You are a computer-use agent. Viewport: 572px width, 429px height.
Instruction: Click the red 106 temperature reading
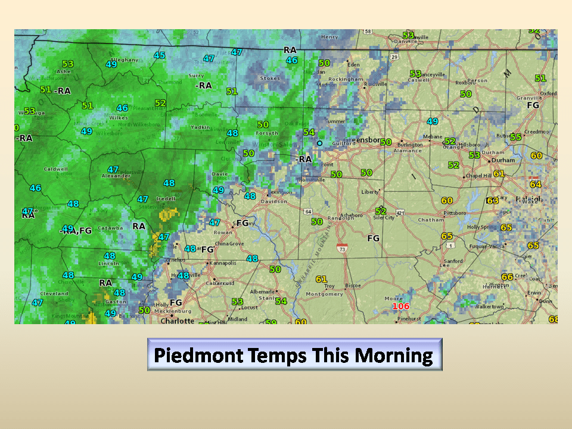401,306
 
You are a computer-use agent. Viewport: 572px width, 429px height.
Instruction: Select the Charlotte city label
177,321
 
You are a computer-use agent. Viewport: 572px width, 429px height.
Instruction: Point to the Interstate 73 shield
342,248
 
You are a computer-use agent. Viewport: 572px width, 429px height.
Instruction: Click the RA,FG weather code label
77,230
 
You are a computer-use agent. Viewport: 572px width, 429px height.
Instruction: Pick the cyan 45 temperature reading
159,55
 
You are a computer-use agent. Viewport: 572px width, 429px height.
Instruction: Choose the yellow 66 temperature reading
507,276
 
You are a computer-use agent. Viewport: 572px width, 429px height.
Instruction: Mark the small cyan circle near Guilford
319,143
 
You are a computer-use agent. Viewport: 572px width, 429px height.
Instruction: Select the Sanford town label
453,261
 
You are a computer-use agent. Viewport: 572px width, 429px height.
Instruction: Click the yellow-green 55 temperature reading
515,137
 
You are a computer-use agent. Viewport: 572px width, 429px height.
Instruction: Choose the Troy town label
329,286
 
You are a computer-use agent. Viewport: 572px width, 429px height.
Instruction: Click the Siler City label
384,217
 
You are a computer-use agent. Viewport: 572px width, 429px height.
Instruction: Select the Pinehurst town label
409,319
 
